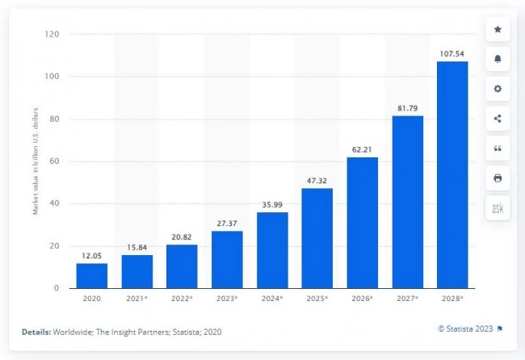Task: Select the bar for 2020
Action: (x=91, y=275)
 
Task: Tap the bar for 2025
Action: (x=317, y=238)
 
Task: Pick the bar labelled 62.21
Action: (x=362, y=222)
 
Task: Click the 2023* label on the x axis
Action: (x=227, y=299)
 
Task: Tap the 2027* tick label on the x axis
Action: (x=408, y=299)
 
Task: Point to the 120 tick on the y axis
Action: (x=52, y=35)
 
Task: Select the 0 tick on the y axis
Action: (x=57, y=288)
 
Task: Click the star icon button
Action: (x=498, y=30)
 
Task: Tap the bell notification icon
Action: (x=498, y=60)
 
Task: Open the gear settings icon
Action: (x=498, y=89)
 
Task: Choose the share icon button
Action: (x=498, y=119)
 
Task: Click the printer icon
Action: (x=498, y=178)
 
